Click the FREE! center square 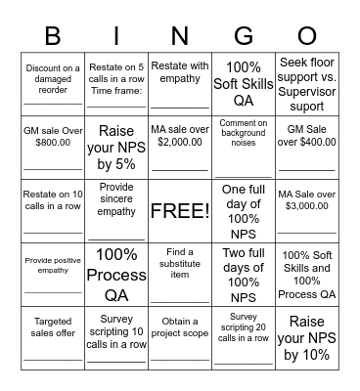tap(180, 210)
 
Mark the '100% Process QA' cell tap(116, 275)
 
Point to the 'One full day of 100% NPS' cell tap(243, 210)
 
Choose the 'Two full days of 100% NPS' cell tap(243, 275)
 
